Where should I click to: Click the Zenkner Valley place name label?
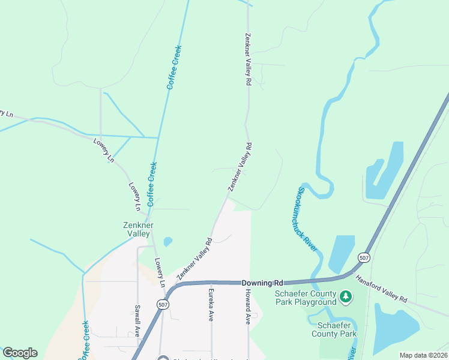tap(139, 230)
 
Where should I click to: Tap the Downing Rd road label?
tap(262, 283)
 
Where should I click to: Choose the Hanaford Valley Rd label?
tap(381, 289)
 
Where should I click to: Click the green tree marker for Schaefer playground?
tap(345, 296)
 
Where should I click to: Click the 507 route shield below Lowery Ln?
tap(163, 304)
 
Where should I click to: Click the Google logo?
tap(20, 353)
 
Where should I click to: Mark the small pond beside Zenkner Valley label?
tap(167, 242)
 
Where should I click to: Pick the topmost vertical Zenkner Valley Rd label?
tap(247, 59)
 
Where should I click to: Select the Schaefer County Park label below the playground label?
tap(334, 329)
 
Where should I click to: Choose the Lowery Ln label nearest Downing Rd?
tap(160, 273)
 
